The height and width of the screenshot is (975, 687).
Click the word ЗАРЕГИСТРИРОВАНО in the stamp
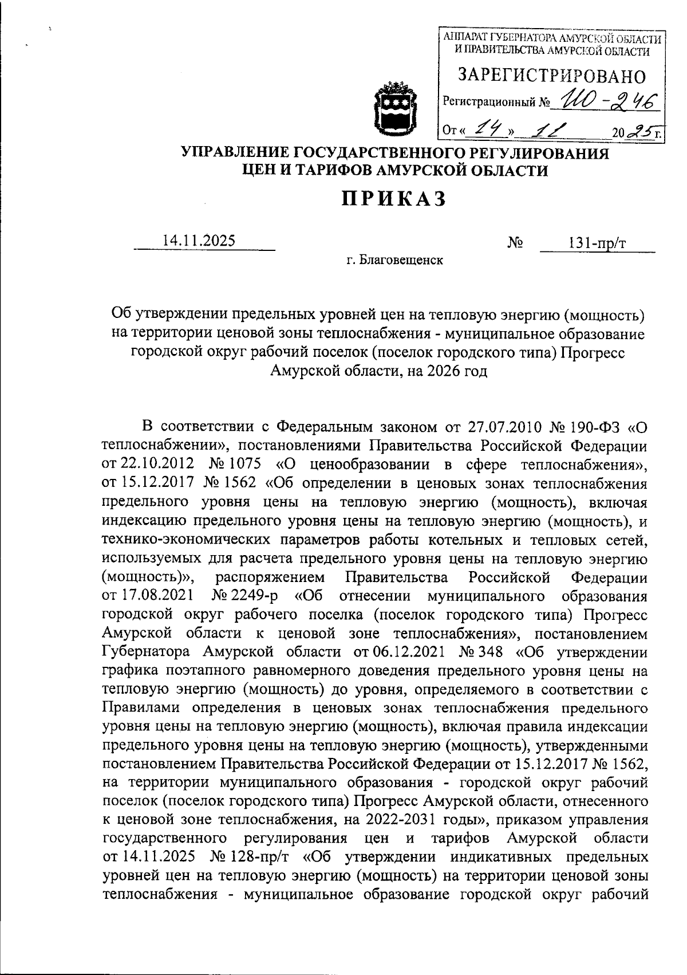click(551, 76)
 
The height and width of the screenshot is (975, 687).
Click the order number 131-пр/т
click(597, 243)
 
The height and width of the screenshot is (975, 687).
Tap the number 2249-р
click(252, 596)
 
